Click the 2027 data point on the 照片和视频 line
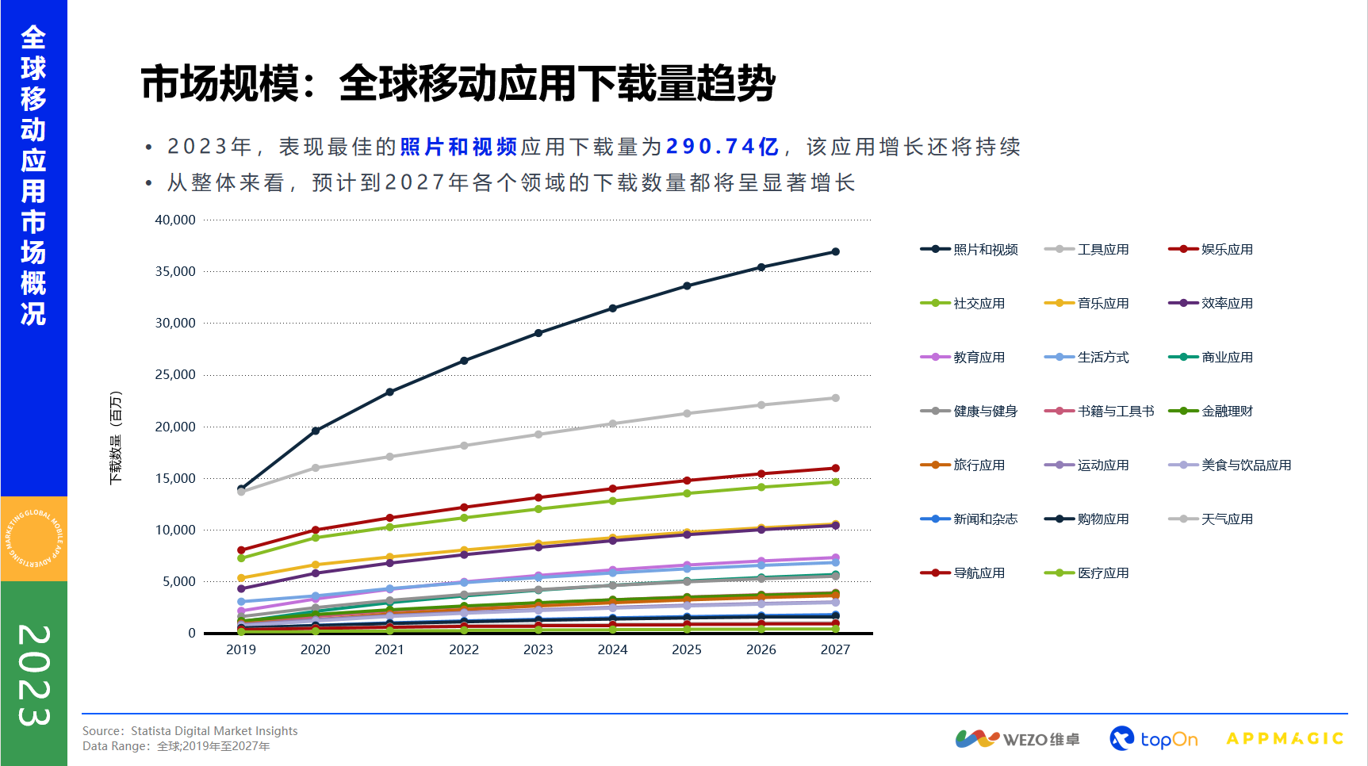pos(835,252)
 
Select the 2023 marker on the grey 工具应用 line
pos(538,435)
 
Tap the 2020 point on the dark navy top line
pos(316,431)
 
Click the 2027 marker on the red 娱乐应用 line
pos(835,469)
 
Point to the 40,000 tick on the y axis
pos(175,220)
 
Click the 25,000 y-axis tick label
pos(175,375)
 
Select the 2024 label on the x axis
pos(612,650)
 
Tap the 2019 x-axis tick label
pos(241,650)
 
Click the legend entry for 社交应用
pos(963,304)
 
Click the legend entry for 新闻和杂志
pos(969,519)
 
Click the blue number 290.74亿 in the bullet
pos(722,147)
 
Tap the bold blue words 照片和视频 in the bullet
pos(458,147)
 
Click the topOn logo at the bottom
pos(1153,739)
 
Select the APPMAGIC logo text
pos(1285,739)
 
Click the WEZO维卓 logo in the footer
pos(1017,739)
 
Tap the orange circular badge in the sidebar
pos(34,539)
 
